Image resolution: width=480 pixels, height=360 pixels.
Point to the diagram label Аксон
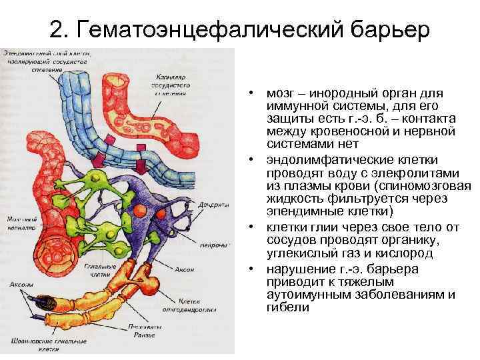point(185,269)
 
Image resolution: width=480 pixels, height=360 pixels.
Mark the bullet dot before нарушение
point(255,269)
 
